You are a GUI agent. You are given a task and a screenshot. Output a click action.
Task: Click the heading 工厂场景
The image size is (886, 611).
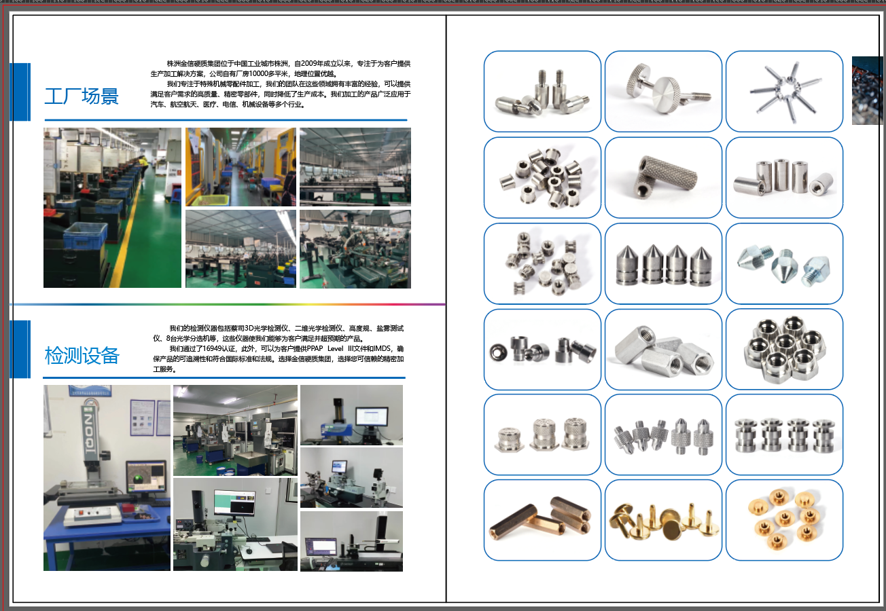(x=82, y=96)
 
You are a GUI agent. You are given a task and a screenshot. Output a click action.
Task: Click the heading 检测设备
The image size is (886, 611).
(x=82, y=355)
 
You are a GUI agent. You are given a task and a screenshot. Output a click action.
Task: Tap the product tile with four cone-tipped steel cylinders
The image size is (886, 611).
(x=663, y=263)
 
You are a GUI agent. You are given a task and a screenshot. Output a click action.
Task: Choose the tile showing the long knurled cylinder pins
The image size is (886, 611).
(x=663, y=178)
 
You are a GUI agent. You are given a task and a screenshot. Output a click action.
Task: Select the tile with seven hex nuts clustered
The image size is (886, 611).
(x=784, y=350)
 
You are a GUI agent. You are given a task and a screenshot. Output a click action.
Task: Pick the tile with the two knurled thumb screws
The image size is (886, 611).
(x=663, y=92)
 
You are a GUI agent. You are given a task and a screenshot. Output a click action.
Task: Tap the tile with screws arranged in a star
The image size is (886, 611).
(x=784, y=92)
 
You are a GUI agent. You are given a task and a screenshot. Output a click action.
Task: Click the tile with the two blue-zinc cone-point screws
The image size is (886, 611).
(x=784, y=263)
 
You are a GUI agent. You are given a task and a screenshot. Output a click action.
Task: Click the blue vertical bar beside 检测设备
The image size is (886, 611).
(x=20, y=349)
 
